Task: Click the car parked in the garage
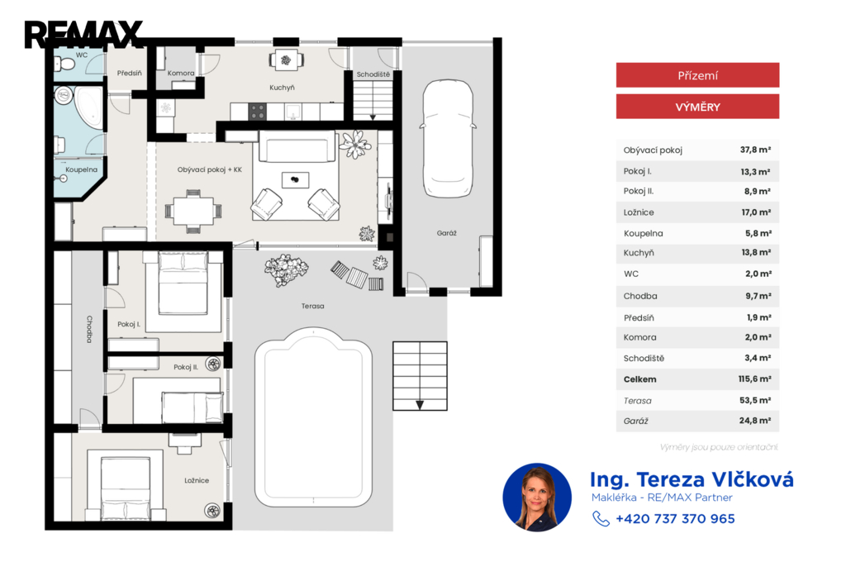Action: [x=448, y=139]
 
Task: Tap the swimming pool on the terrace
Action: [x=313, y=417]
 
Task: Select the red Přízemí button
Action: [x=697, y=75]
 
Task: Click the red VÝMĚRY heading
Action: [x=697, y=107]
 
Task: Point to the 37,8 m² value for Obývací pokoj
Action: [x=755, y=150]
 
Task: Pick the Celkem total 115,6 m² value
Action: [x=754, y=379]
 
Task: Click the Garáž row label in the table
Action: [x=635, y=421]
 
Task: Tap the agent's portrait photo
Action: [x=537, y=498]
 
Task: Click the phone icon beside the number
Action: [x=601, y=519]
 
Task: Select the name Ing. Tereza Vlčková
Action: [x=692, y=479]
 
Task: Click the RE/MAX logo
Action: [x=83, y=35]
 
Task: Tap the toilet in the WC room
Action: [x=64, y=64]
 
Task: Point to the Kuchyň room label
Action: [x=283, y=88]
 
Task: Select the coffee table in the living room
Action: [x=295, y=180]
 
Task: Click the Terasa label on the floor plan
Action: [x=313, y=306]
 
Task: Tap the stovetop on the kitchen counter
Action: [x=258, y=112]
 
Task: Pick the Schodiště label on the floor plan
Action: [x=373, y=74]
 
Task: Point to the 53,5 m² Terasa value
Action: [x=755, y=400]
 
